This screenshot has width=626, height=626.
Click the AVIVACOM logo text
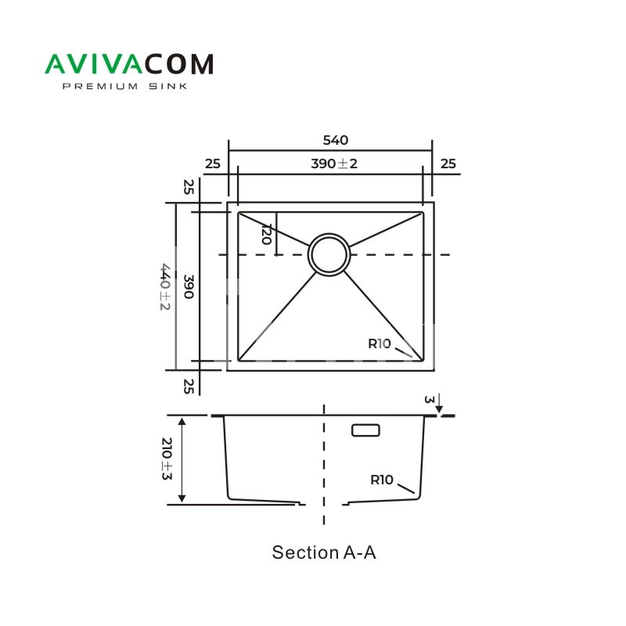tap(128, 64)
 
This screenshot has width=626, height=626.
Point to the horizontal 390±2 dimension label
tap(334, 164)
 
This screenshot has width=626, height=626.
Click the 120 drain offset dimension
tap(266, 235)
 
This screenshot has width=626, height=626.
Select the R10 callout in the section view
tap(382, 480)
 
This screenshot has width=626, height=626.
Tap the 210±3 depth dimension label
tap(166, 460)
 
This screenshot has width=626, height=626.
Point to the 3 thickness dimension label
tap(428, 400)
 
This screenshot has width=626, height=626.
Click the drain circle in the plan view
tap(329, 254)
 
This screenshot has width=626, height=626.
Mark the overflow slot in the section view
tap(365, 430)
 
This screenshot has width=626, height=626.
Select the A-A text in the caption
tap(359, 552)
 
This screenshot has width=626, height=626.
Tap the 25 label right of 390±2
tap(448, 164)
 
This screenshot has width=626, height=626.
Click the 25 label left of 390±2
tap(212, 164)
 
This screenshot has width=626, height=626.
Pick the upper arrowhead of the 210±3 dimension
tap(182, 422)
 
